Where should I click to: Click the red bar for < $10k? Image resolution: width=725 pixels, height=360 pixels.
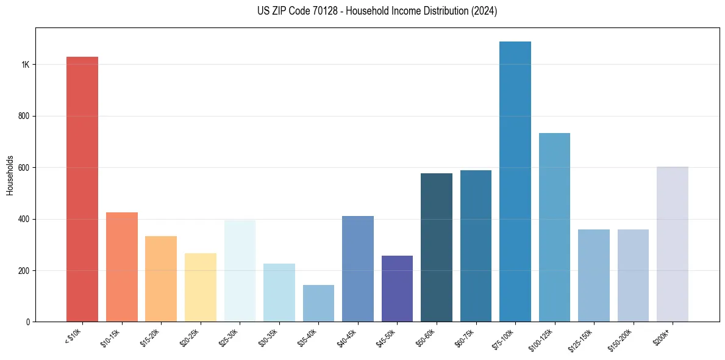82,189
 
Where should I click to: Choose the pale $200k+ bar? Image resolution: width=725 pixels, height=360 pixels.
673,244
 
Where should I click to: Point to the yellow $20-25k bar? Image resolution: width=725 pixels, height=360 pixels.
200,287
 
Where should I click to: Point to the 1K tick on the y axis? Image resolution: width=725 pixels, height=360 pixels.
26,65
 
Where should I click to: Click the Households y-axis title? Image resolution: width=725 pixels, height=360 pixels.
10,175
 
